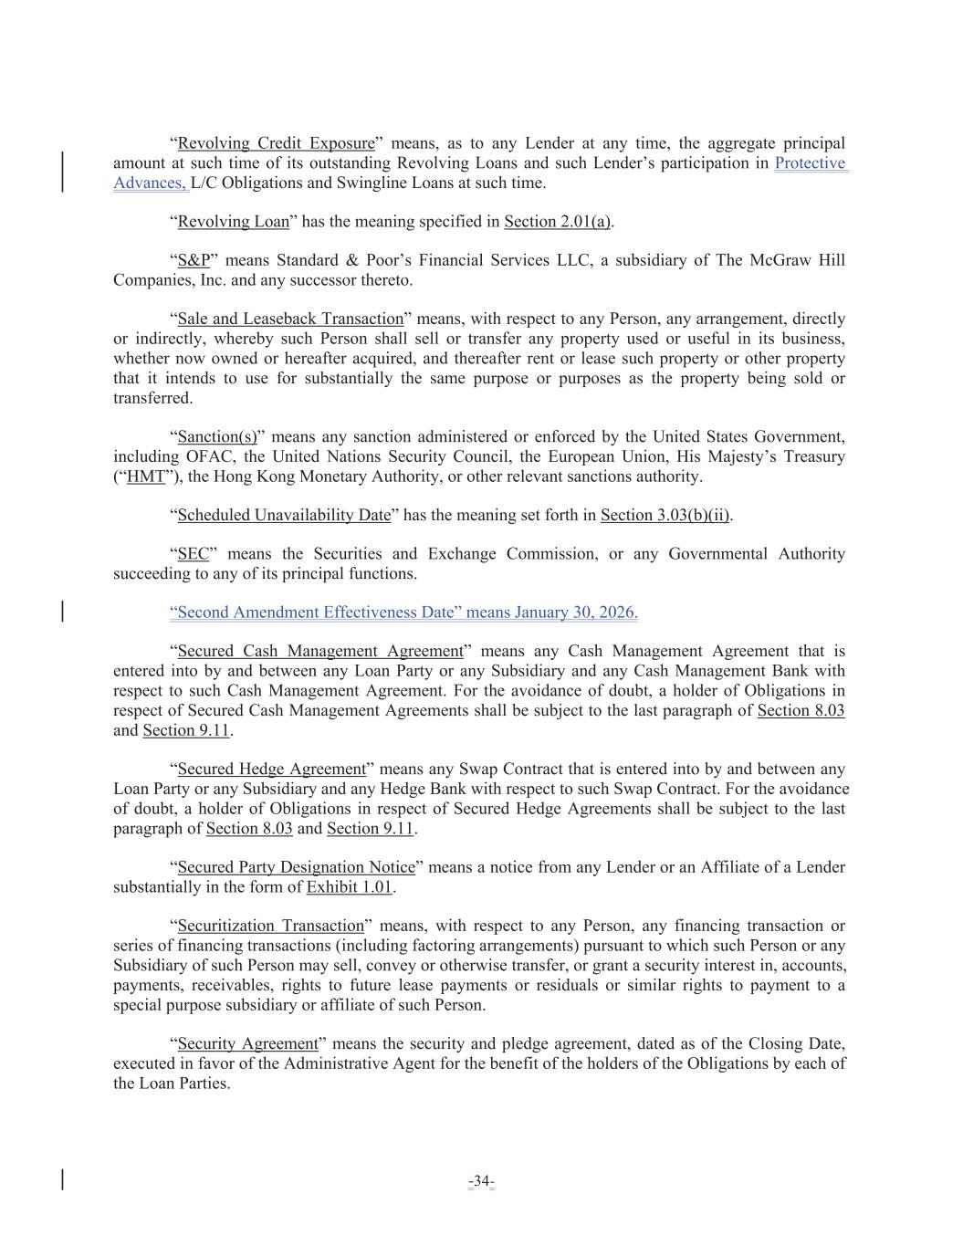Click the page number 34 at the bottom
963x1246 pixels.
(x=481, y=1182)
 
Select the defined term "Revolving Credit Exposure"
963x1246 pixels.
(x=276, y=143)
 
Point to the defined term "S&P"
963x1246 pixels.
(x=194, y=261)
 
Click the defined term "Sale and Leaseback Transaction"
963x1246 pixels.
(x=290, y=319)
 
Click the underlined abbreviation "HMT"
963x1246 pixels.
(x=146, y=476)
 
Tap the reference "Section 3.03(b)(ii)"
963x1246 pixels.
(x=665, y=516)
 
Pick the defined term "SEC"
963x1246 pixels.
(x=193, y=554)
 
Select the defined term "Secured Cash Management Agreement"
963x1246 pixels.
(x=320, y=652)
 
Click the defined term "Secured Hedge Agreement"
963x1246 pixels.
(x=271, y=770)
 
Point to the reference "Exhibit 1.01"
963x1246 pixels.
(x=349, y=887)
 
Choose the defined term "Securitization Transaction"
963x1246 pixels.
(x=270, y=927)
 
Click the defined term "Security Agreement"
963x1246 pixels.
(x=247, y=1044)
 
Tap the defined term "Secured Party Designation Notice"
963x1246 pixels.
(x=296, y=867)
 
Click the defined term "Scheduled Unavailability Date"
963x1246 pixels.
(x=284, y=516)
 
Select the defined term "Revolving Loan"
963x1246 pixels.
(x=233, y=222)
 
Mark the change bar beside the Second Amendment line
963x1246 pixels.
(x=62, y=612)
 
